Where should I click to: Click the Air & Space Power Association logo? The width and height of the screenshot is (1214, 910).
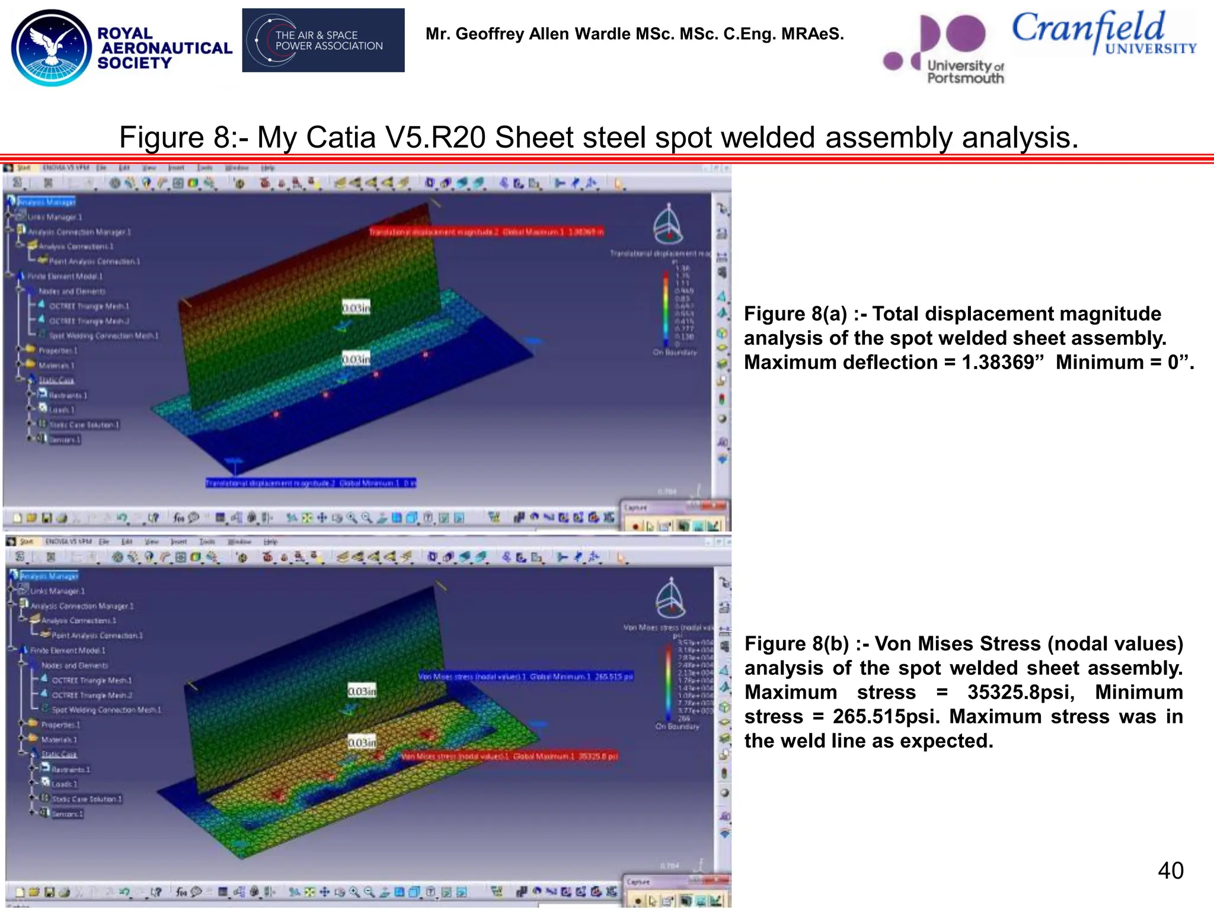click(x=323, y=40)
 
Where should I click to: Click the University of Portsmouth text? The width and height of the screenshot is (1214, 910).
click(x=964, y=72)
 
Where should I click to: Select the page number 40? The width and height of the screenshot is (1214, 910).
click(x=1170, y=870)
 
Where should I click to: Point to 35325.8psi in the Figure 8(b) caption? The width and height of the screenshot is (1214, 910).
click(x=1020, y=692)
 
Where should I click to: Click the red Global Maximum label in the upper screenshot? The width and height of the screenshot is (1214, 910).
click(x=486, y=232)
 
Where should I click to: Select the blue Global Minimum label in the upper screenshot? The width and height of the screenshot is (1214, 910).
click(x=311, y=483)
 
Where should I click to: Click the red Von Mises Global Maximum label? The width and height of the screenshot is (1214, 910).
click(x=510, y=757)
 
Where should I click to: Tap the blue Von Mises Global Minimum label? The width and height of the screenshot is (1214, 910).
click(x=525, y=677)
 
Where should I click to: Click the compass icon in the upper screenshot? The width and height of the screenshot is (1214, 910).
click(x=668, y=225)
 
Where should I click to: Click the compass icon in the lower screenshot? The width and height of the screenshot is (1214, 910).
click(x=670, y=598)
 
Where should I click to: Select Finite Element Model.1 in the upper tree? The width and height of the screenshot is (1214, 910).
click(x=65, y=276)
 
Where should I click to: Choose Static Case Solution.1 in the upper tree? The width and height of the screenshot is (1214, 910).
click(x=84, y=425)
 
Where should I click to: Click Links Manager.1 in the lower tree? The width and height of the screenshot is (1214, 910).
click(x=57, y=591)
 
